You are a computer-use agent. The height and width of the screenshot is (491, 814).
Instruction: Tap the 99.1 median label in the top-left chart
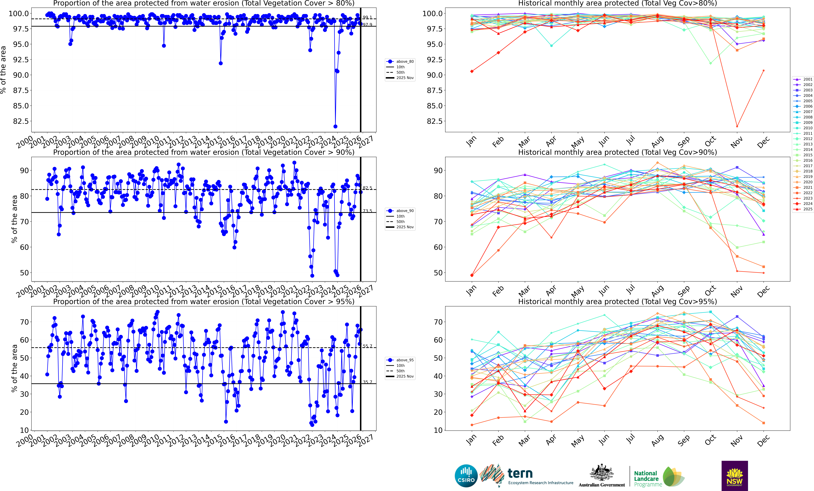(367, 17)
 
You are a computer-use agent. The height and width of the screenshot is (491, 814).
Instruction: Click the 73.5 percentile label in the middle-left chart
(367, 211)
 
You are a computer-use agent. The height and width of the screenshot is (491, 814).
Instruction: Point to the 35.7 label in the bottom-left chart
(367, 382)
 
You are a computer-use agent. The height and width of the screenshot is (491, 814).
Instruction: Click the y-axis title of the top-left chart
(3, 70)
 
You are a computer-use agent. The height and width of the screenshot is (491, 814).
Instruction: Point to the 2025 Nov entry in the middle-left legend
(405, 227)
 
